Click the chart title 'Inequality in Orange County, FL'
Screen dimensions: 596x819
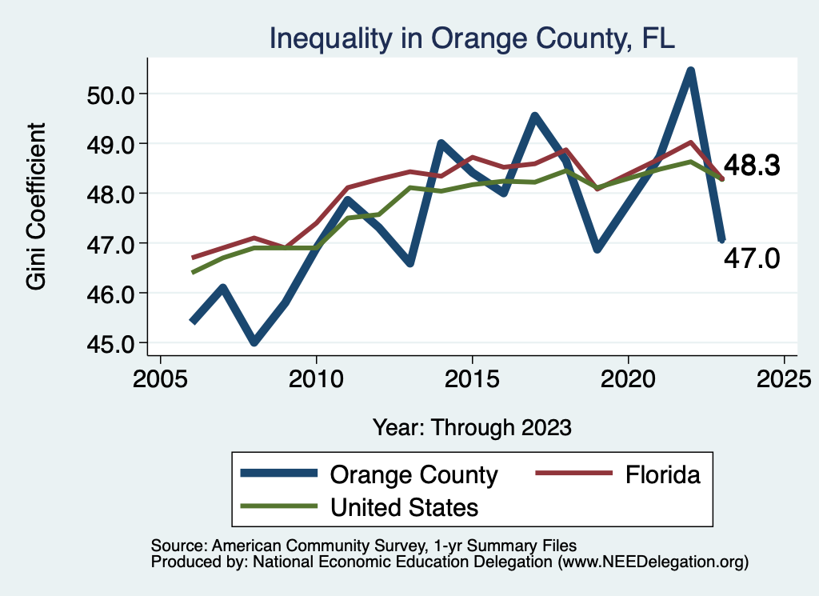pyautogui.click(x=472, y=38)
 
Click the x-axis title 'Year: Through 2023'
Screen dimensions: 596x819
pyautogui.click(x=472, y=427)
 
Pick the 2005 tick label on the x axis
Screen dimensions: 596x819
pyautogui.click(x=160, y=375)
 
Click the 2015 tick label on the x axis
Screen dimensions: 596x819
pyautogui.click(x=472, y=375)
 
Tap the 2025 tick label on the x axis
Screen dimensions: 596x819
pyautogui.click(x=784, y=375)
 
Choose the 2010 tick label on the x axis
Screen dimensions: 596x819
pyautogui.click(x=316, y=375)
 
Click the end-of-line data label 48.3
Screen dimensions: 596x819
pyautogui.click(x=752, y=166)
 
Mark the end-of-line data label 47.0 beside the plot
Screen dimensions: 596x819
pyautogui.click(x=752, y=258)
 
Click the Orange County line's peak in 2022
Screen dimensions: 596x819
pyautogui.click(x=690, y=72)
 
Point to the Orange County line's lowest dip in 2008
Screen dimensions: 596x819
pyautogui.click(x=254, y=342)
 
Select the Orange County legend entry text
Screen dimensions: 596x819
pyautogui.click(x=414, y=475)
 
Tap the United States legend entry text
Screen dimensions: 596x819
pyautogui.click(x=405, y=506)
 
